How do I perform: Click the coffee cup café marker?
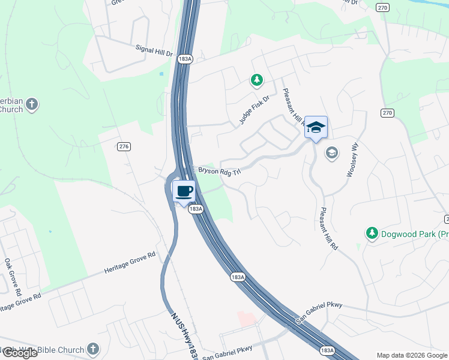(184, 191)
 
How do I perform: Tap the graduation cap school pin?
(316, 127)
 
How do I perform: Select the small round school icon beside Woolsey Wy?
(331, 154)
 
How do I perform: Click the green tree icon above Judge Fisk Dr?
(257, 80)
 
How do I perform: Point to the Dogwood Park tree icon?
(372, 233)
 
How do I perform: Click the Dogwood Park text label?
(415, 233)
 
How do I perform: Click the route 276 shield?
(124, 146)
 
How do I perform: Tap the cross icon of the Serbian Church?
(32, 105)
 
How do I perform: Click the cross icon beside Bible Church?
(92, 349)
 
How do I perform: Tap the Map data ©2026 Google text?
(412, 355)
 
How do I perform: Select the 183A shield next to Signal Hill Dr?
(185, 59)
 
